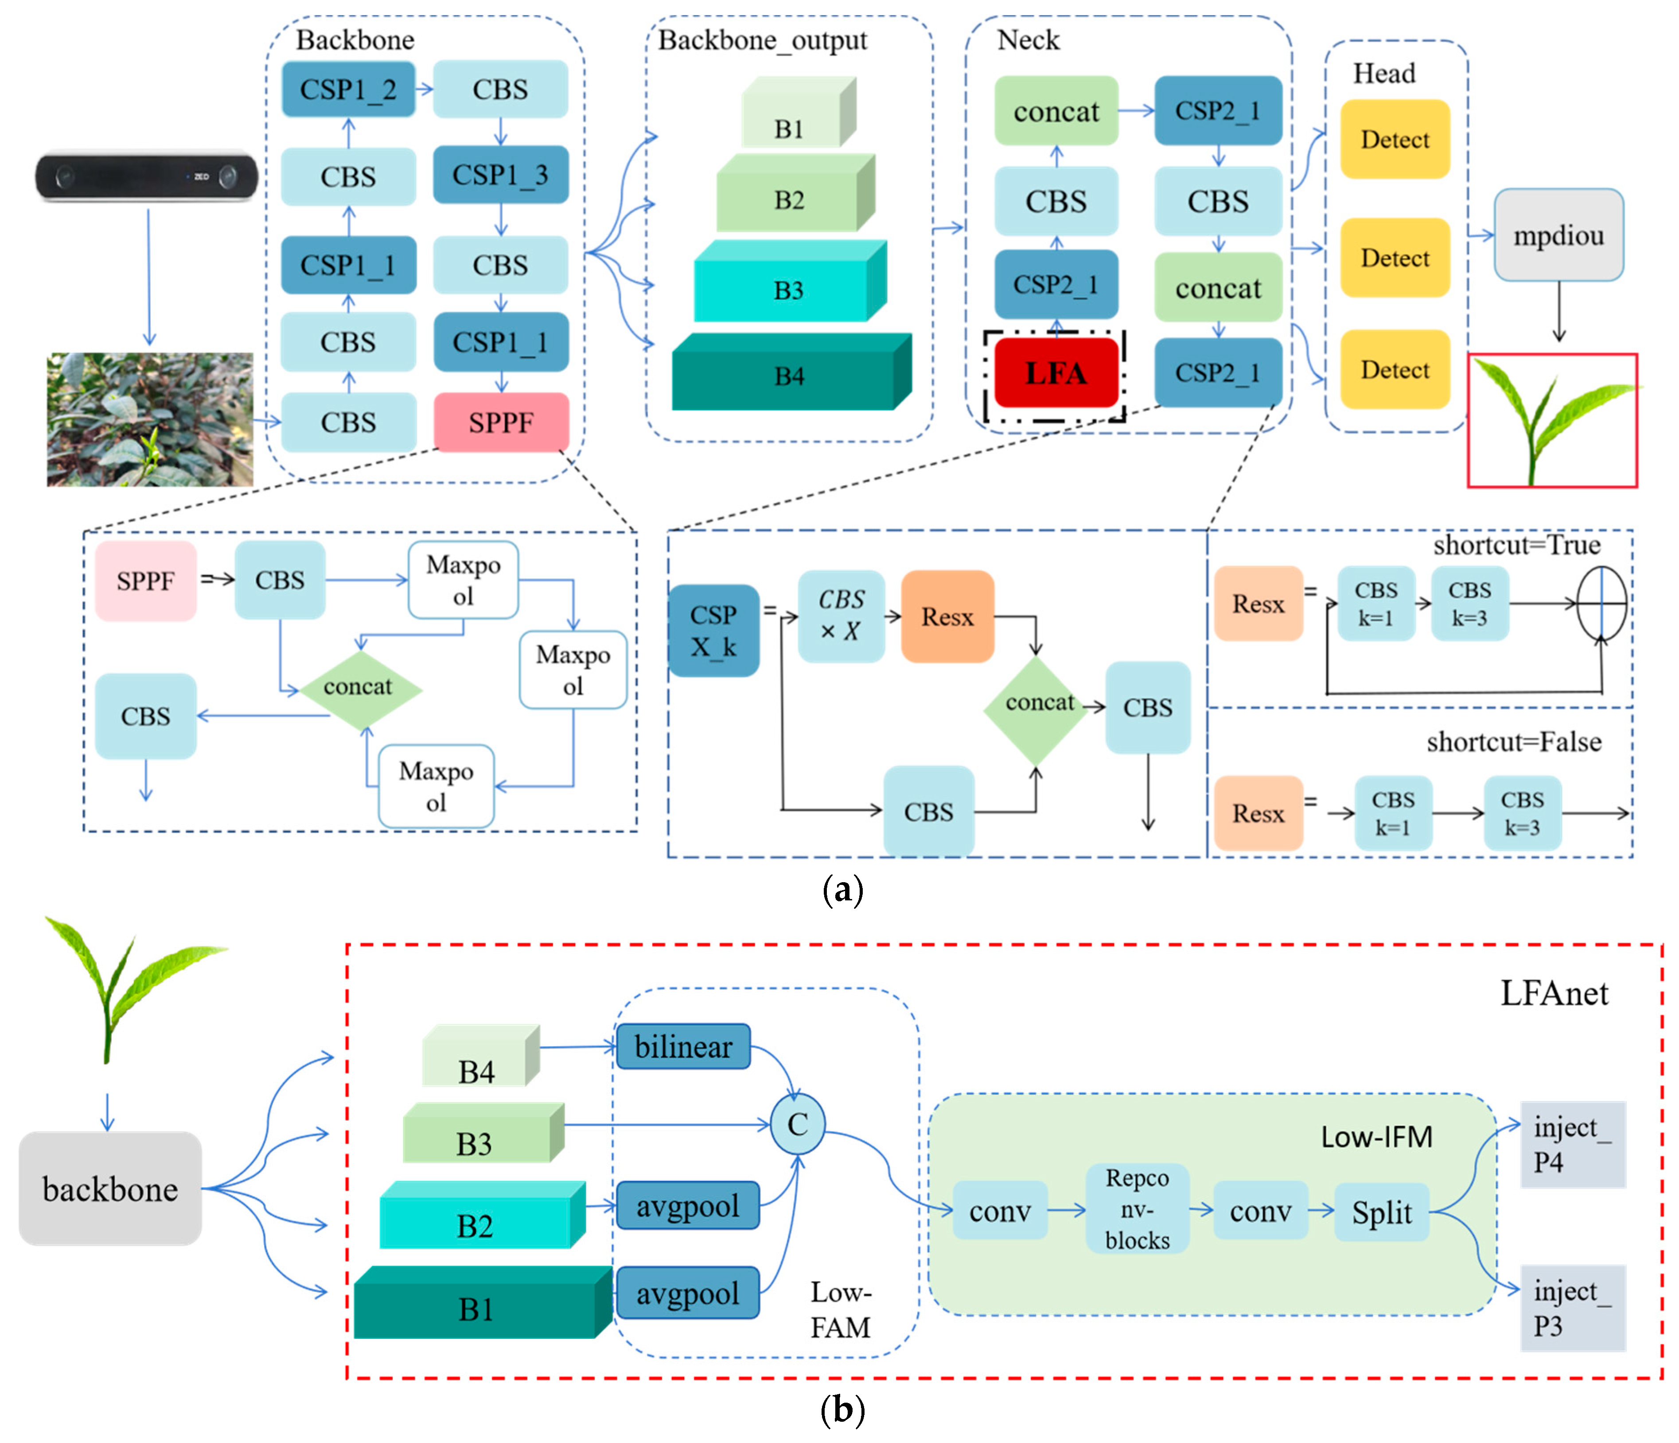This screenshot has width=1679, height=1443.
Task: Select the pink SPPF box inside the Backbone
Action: tap(501, 422)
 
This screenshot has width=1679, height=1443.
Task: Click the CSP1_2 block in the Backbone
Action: tap(348, 89)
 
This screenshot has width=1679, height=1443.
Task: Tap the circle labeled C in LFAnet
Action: tap(797, 1124)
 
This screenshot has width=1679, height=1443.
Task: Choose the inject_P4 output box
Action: tap(1572, 1144)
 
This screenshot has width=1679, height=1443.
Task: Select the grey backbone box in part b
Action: tap(110, 1189)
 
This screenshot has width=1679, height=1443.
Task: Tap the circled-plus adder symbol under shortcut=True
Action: tap(1601, 603)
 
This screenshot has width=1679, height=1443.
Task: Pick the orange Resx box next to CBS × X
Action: tap(947, 617)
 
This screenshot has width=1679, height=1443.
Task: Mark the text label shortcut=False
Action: tap(1513, 742)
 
